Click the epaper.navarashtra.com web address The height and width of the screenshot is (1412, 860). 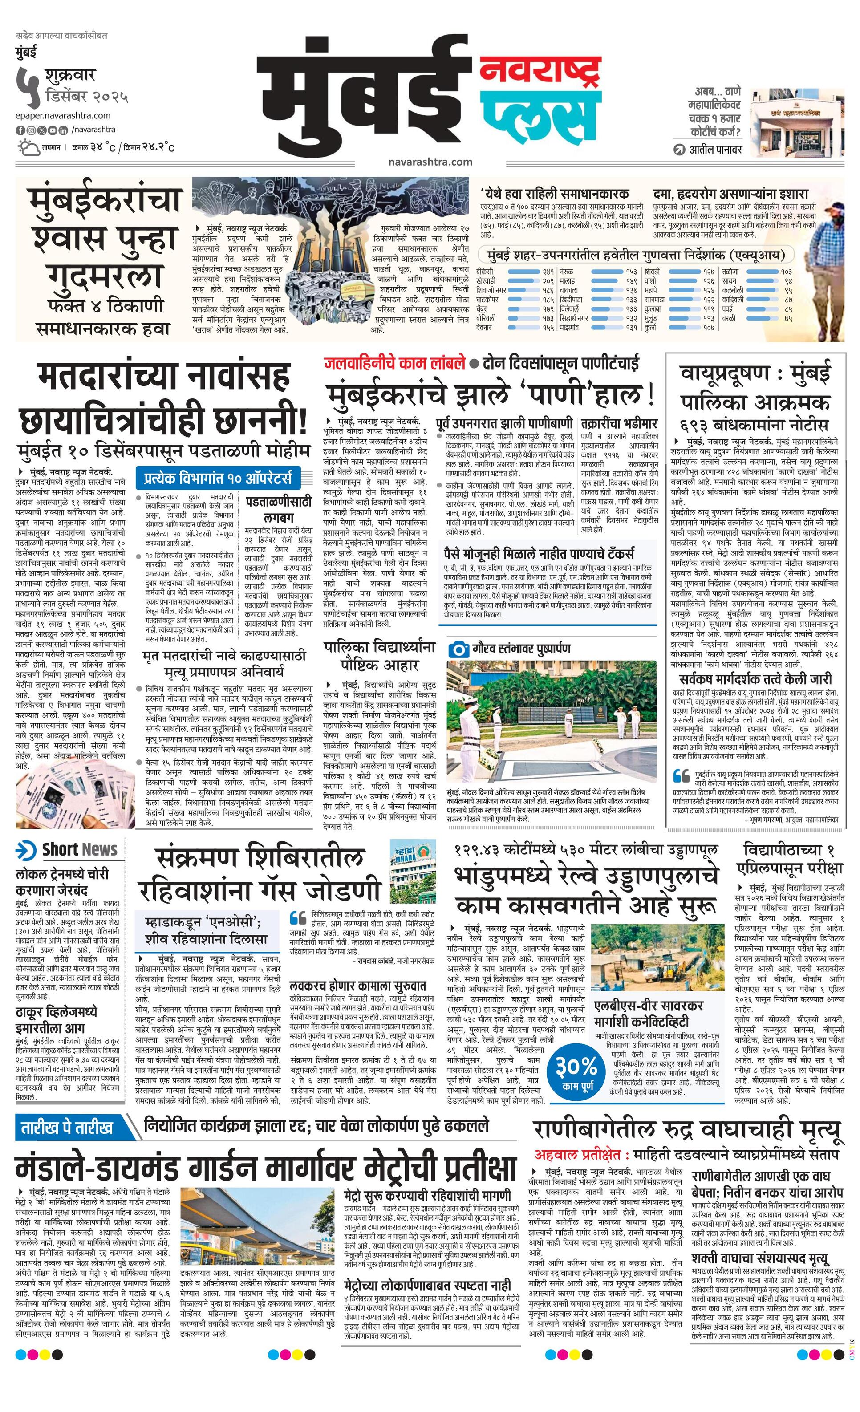(63, 115)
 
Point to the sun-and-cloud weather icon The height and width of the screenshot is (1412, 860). (27, 148)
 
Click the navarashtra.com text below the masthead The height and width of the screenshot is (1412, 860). (430, 162)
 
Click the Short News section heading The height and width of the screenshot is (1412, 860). (69, 850)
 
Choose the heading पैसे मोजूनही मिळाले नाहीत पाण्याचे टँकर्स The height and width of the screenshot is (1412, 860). (539, 554)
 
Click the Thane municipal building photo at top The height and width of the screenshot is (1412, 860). (797, 120)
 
